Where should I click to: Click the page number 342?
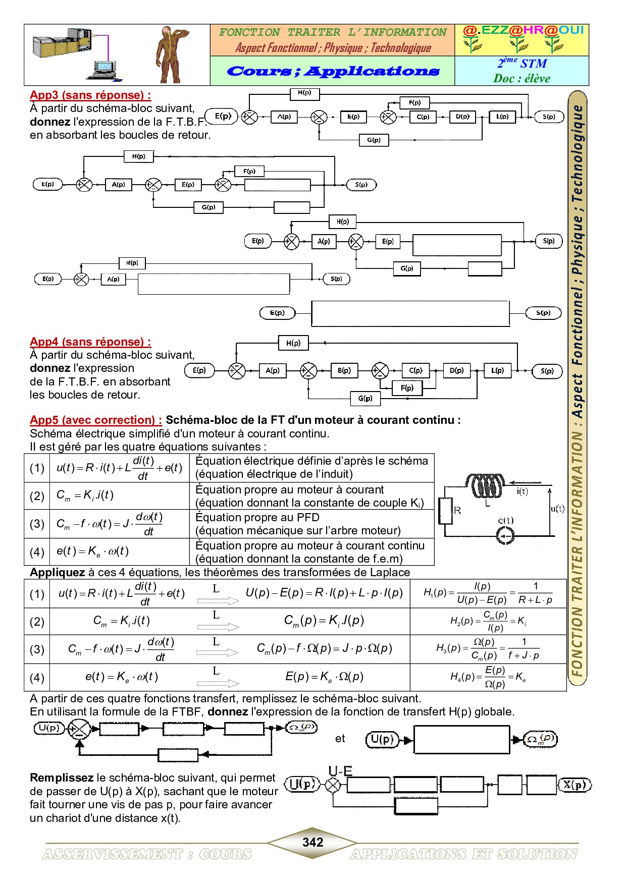click(312, 842)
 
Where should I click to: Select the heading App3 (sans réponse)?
click(90, 95)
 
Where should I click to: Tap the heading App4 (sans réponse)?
click(90, 342)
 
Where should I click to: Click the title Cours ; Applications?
click(333, 71)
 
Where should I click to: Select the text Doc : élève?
click(521, 78)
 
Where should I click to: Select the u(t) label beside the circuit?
click(557, 508)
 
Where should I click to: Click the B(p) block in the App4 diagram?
click(344, 371)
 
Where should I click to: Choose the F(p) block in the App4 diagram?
click(407, 388)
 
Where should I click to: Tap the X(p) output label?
click(575, 785)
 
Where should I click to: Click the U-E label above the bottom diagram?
click(340, 770)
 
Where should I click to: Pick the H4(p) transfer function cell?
click(488, 677)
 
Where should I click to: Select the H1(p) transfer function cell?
click(488, 593)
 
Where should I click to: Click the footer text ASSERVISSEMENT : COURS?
click(147, 854)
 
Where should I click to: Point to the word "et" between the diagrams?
click(340, 739)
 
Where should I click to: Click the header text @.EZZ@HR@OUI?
click(523, 30)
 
